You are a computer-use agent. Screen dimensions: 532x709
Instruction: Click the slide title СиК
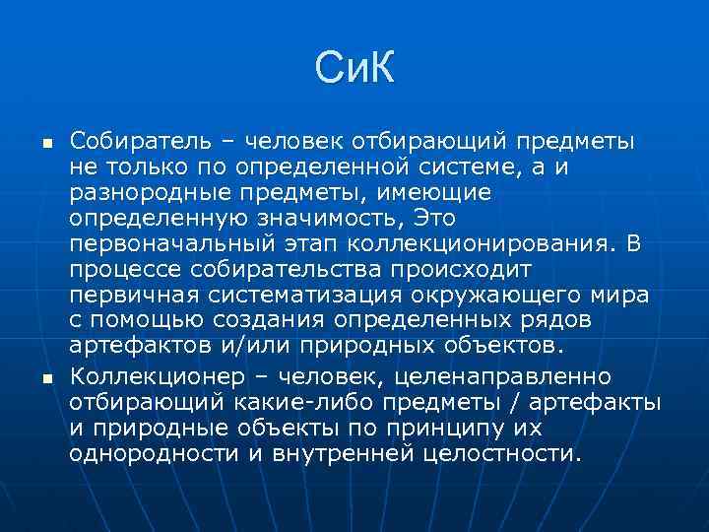pyautogui.click(x=354, y=69)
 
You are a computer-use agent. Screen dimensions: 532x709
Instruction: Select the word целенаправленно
pyautogui.click(x=507, y=377)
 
